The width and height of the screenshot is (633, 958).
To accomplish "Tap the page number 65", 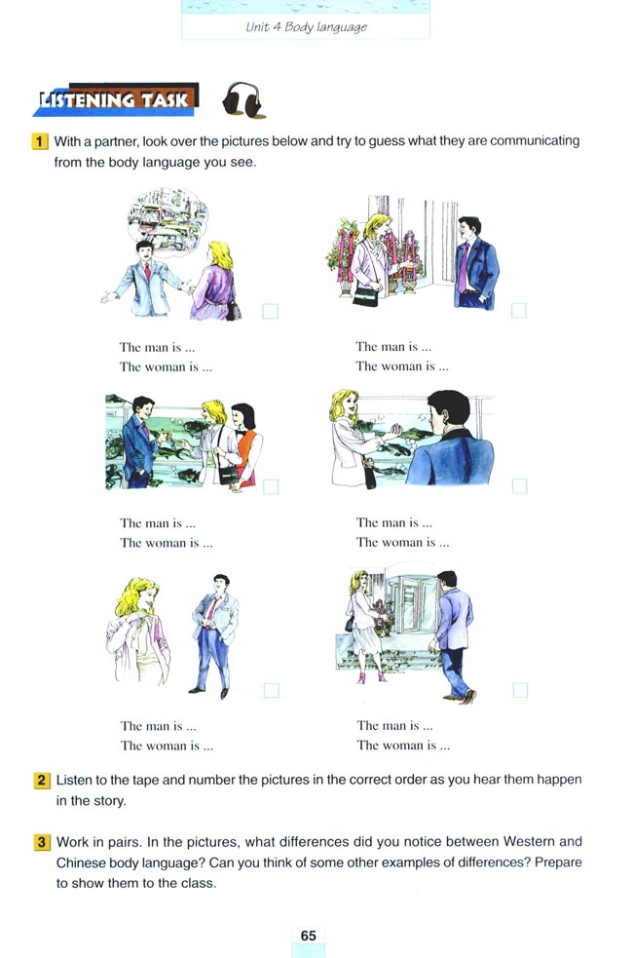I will point(309,936).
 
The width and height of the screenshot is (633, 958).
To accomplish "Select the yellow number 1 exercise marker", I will point(41,141).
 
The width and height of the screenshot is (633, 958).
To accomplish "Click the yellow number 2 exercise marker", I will point(43,781).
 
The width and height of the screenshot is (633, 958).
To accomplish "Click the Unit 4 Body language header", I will point(306,27).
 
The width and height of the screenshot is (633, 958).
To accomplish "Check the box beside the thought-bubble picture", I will point(271,312).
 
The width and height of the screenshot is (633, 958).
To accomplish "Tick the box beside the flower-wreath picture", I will point(519,311).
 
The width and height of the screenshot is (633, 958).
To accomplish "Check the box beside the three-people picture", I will point(271,485).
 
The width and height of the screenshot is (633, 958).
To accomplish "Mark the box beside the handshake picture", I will point(520,485).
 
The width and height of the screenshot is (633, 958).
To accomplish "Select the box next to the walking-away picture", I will point(520,690).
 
